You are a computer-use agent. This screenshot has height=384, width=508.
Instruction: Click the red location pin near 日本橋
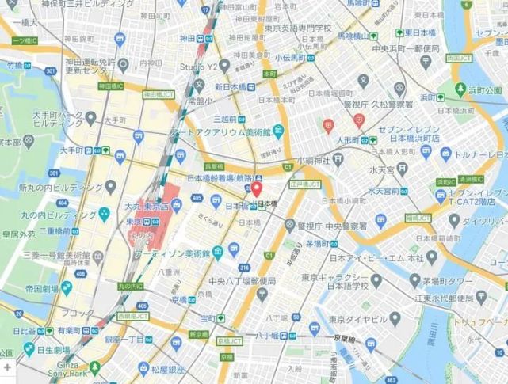257,190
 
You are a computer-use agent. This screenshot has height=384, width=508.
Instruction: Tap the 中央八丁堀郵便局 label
242,281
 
